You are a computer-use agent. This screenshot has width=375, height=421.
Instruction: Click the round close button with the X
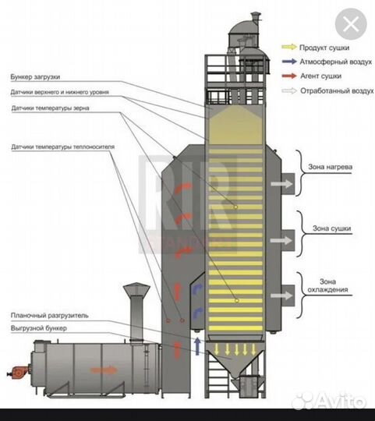[x=351, y=24]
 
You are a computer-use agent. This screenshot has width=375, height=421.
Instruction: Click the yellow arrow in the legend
[x=289, y=47]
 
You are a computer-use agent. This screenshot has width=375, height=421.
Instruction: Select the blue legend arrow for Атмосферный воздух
[x=289, y=62]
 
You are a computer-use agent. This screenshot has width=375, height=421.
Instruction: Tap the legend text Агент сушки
[x=320, y=76]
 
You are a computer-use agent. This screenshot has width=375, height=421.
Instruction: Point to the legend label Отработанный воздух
[x=337, y=90]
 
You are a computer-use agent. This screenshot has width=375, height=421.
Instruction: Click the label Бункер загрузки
[x=35, y=76]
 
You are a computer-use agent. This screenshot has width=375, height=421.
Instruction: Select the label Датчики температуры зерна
[x=50, y=108]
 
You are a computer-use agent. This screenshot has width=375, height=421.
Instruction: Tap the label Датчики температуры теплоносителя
[x=63, y=147]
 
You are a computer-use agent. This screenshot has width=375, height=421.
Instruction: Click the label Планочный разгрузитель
[x=49, y=316]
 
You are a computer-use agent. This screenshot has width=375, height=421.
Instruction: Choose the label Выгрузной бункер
[x=39, y=328]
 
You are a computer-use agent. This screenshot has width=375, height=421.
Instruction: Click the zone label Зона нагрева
[x=330, y=167]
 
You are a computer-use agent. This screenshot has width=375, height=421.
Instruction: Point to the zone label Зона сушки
[x=332, y=228]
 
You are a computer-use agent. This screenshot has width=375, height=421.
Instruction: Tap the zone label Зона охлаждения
[x=327, y=285]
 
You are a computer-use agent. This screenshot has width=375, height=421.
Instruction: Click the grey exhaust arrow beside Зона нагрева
[x=282, y=184]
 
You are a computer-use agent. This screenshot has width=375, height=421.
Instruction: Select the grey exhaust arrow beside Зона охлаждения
[x=281, y=295]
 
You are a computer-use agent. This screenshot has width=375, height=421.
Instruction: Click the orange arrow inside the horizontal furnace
[x=104, y=370]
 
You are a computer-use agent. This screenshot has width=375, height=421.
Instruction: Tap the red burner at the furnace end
[x=18, y=372]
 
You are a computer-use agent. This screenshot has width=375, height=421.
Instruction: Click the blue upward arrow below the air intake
[x=197, y=346]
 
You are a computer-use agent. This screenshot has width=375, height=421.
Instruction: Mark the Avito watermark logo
[x=329, y=402]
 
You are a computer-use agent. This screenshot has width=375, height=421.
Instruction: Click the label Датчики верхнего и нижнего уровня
[x=59, y=92]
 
